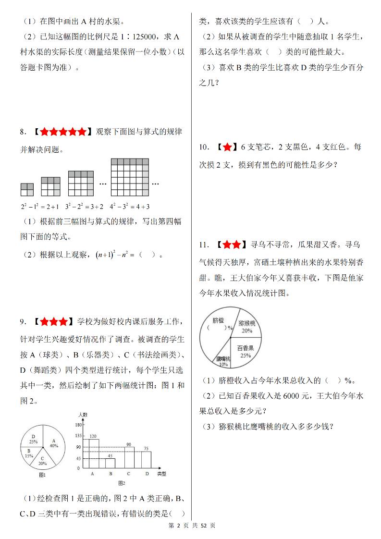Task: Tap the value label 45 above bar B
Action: click(x=110, y=455)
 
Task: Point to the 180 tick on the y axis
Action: click(x=78, y=425)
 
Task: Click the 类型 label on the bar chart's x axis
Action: click(x=161, y=474)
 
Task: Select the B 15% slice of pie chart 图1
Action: click(x=29, y=453)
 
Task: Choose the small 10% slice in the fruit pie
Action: click(x=224, y=360)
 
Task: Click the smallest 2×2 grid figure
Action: click(x=27, y=189)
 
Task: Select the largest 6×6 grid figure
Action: click(x=129, y=177)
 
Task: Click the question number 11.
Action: click(x=203, y=245)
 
